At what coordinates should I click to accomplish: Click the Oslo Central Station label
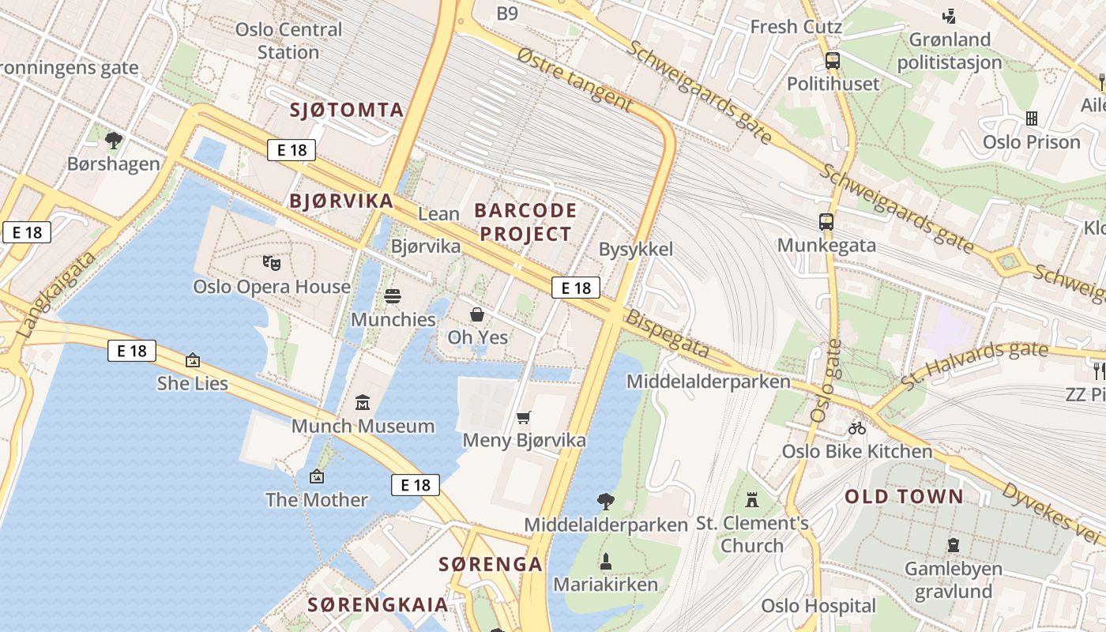288,41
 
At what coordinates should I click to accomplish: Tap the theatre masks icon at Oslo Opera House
271,262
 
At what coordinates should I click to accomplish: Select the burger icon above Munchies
393,296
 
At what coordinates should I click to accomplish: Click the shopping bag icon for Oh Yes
477,314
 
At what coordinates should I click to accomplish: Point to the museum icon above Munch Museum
363,403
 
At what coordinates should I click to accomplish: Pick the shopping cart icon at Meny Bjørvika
523,417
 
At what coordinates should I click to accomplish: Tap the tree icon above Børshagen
114,141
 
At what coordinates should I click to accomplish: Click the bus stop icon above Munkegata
826,222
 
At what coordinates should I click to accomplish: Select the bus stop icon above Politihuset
833,61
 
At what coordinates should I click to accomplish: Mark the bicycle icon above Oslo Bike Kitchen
857,428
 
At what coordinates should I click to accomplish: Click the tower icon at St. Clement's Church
751,500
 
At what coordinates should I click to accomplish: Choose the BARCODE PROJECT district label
525,222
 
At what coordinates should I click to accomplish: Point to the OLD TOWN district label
904,497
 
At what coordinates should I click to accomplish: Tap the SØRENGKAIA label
378,605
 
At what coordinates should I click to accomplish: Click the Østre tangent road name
574,79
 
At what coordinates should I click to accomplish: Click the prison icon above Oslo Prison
1031,118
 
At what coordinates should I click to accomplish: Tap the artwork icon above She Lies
193,360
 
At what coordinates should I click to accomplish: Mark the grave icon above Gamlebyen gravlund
954,545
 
